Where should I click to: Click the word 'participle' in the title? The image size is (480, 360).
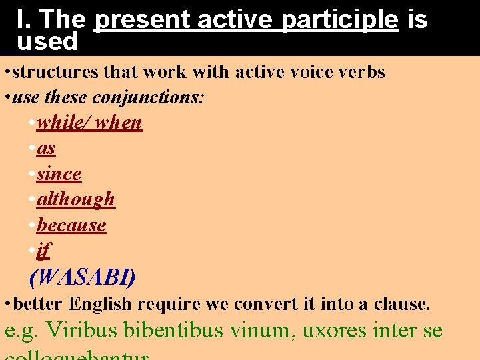click(340, 20)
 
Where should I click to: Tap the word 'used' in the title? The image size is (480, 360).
click(47, 42)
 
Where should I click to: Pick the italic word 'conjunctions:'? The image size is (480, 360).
click(149, 97)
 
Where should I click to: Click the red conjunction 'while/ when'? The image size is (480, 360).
click(89, 123)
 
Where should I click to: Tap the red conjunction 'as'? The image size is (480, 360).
click(46, 148)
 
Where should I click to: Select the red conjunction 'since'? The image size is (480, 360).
click(59, 173)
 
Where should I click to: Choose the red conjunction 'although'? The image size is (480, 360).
click(76, 199)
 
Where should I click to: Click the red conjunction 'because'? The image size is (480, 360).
click(71, 225)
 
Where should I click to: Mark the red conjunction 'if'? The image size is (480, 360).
click(43, 250)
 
